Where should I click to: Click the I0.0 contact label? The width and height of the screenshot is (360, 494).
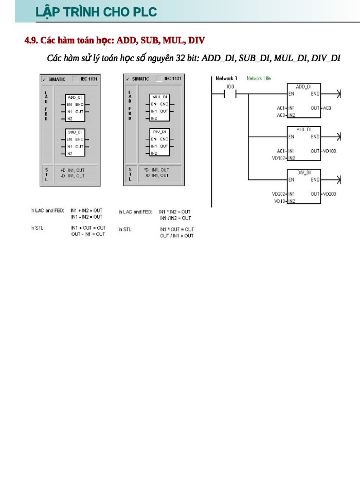tap(230, 87)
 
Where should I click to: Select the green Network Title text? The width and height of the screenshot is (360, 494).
tap(259, 78)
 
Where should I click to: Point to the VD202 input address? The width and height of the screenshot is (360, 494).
tap(279, 194)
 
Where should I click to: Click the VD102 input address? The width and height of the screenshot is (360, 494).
tap(279, 158)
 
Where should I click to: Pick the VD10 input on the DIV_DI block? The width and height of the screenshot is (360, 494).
tap(280, 201)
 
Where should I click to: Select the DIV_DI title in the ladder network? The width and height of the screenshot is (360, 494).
tap(304, 172)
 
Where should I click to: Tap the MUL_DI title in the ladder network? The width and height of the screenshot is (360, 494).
tap(304, 129)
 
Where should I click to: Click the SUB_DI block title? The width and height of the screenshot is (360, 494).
tap(75, 132)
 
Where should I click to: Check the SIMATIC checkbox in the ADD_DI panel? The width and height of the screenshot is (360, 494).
tap(44, 79)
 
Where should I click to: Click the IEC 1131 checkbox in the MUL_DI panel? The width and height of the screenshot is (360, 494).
tap(160, 79)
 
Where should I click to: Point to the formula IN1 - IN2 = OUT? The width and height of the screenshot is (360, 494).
tap(86, 217)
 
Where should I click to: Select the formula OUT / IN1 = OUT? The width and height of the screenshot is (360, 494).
tap(176, 235)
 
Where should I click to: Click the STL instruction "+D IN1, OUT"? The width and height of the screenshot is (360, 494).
tap(73, 170)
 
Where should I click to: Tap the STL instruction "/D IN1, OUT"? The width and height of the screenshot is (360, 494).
tap(156, 176)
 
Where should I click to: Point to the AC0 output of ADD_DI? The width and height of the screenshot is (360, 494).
tap(327, 108)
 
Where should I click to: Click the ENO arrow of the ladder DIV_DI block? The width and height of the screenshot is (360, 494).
tap(338, 180)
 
